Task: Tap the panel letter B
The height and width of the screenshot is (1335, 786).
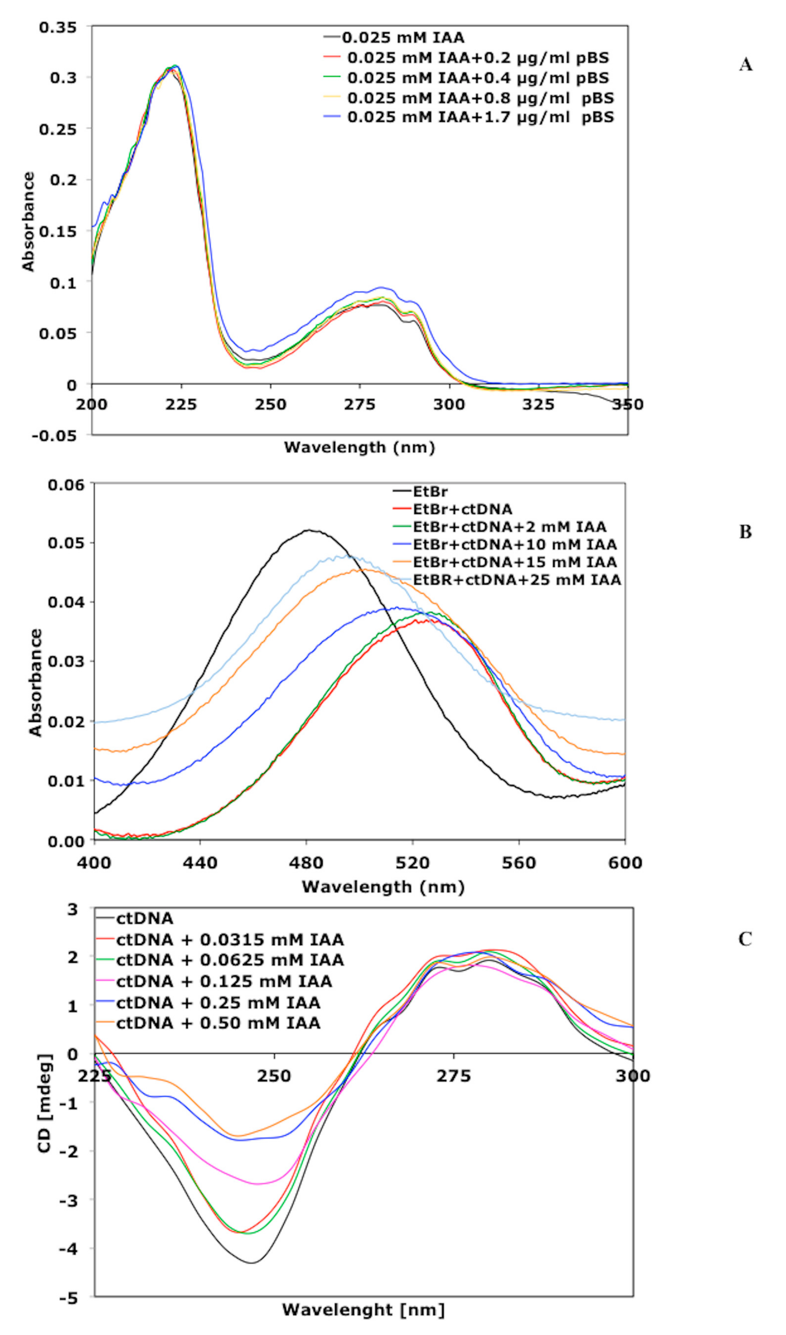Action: [745, 531]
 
